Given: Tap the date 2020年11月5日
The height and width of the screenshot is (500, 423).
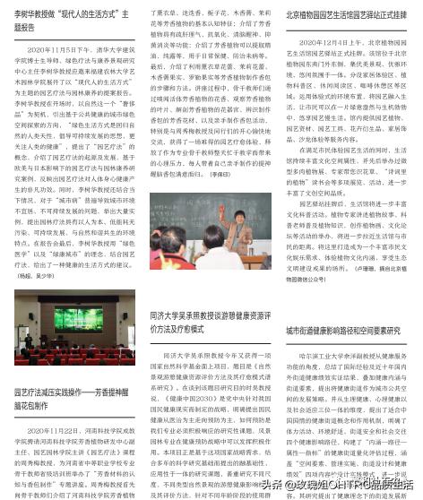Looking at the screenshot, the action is point(55,51).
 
